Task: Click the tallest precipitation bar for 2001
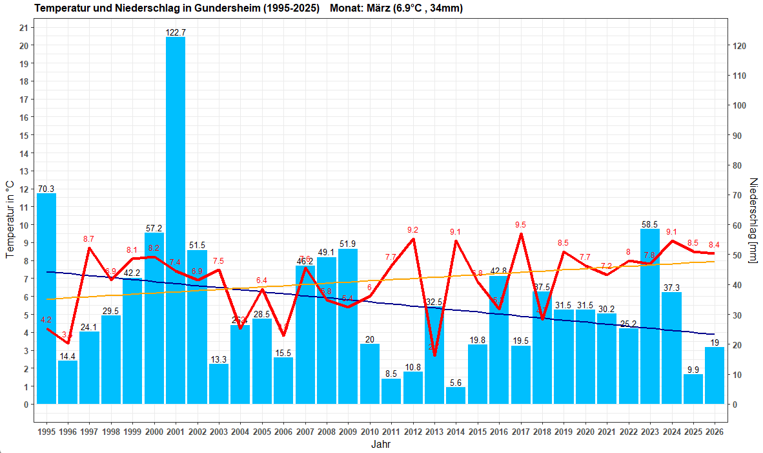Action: pyautogui.click(x=176, y=220)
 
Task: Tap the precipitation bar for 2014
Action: pyautogui.click(x=456, y=395)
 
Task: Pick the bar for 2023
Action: pyautogui.click(x=650, y=317)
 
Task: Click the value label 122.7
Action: pyautogui.click(x=176, y=32)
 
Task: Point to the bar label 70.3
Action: pyautogui.click(x=46, y=189)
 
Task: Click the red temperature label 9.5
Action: pyautogui.click(x=520, y=225)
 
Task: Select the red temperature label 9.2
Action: pyautogui.click(x=413, y=230)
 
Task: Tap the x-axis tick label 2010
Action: pyautogui.click(x=369, y=431)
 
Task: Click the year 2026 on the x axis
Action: pyautogui.click(x=715, y=431)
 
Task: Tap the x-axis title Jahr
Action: pyautogui.click(x=380, y=445)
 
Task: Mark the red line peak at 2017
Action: pyautogui.click(x=521, y=234)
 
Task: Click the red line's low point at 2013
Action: pyautogui.click(x=434, y=355)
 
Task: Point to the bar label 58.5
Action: pyautogui.click(x=650, y=224)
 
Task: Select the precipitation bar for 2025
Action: pyautogui.click(x=693, y=389)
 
